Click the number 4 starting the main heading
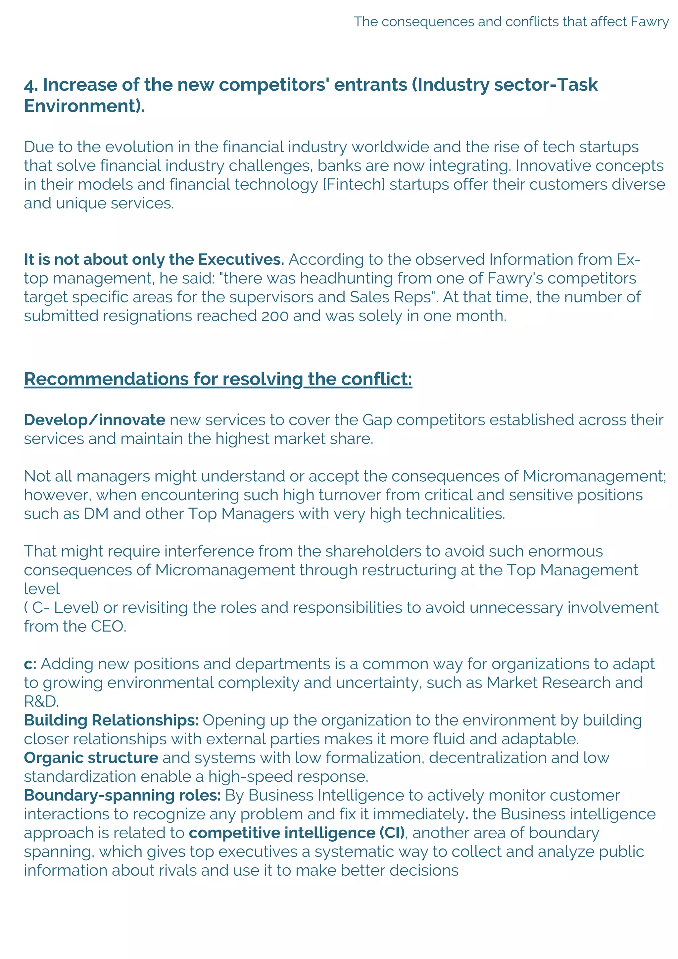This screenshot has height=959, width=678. [29, 85]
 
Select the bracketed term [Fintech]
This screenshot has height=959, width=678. [354, 185]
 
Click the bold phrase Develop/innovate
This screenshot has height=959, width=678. [94, 420]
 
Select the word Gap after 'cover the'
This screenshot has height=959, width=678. [377, 420]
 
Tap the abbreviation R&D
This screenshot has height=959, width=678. [41, 702]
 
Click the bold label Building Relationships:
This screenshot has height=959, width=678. [111, 720]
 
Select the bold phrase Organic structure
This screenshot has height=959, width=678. [91, 758]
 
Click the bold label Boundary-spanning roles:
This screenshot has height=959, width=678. [122, 796]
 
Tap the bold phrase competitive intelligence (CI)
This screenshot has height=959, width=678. [297, 833]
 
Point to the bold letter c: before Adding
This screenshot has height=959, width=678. [30, 665]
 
